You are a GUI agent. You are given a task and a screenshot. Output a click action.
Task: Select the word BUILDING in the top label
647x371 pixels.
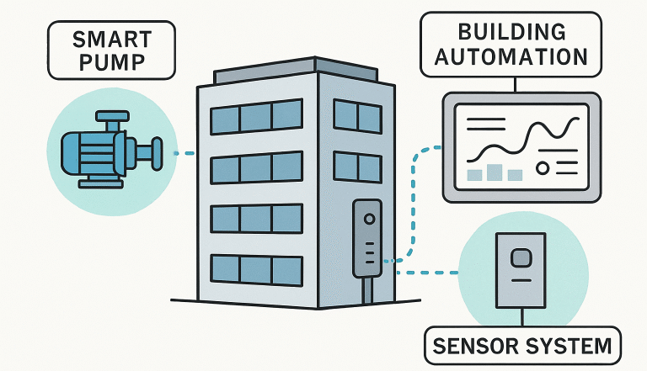click(x=512, y=32)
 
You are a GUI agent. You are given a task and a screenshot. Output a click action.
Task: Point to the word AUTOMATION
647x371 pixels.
click(x=512, y=57)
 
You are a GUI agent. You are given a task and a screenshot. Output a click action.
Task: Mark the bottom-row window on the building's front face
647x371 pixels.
click(x=256, y=269)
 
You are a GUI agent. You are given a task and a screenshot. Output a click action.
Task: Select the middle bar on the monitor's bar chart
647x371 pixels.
click(x=495, y=172)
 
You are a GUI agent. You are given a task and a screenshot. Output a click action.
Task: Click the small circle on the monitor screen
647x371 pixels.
click(x=543, y=168)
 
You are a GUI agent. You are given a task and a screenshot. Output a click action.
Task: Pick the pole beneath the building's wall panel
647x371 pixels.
click(x=367, y=290)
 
